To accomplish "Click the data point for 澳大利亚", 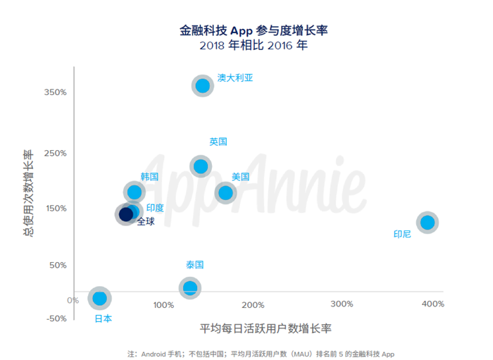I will point(203,85).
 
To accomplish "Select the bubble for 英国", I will point(201,166).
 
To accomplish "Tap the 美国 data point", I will point(225,192).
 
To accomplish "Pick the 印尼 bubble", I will point(427,222).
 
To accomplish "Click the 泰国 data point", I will point(189,287).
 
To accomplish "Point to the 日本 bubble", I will point(99,298).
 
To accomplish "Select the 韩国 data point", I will point(134,192).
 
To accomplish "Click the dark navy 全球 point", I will point(126,214).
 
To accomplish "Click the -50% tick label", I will point(56,318).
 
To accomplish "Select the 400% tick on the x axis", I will point(432,304).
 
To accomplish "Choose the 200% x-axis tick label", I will point(253,304).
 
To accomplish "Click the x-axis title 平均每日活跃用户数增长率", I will point(266,329).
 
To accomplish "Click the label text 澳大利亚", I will point(235,77).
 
